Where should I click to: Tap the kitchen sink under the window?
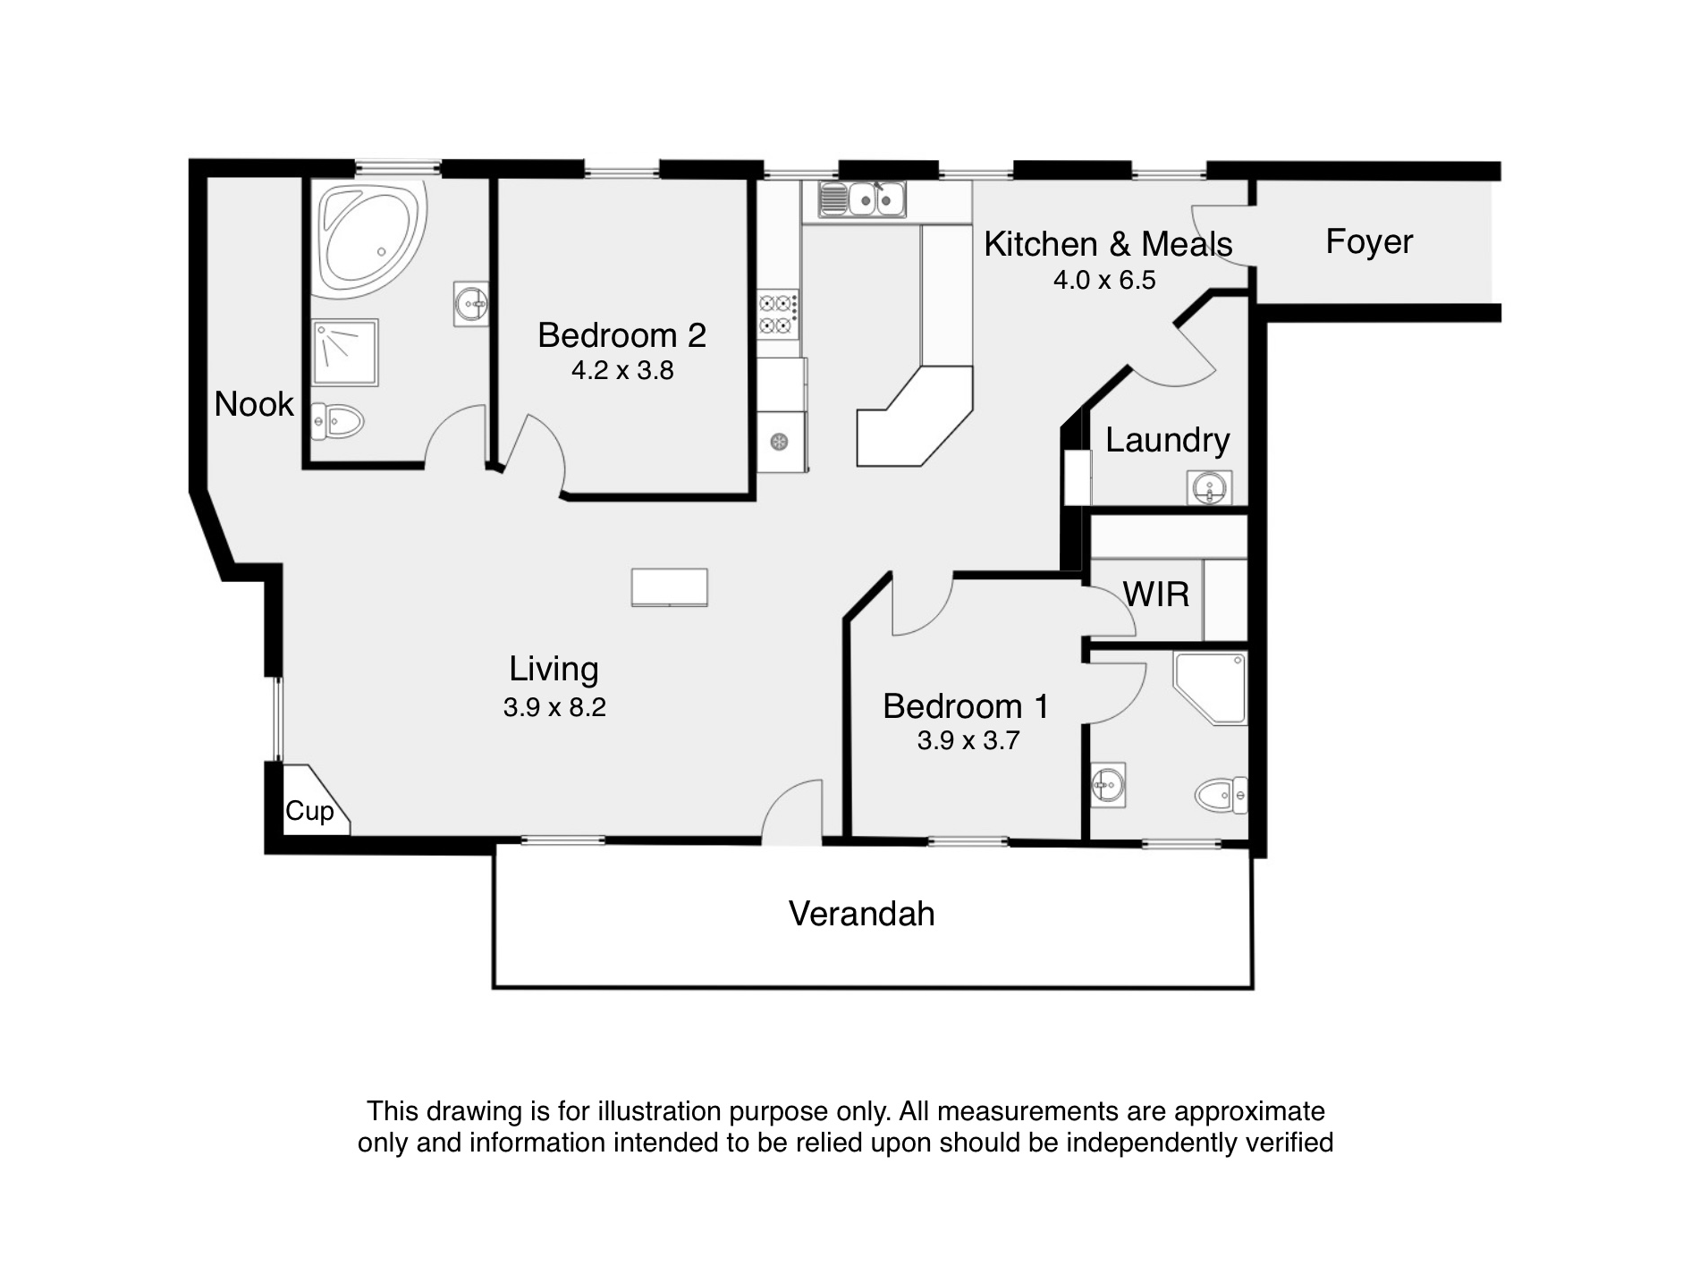click(x=862, y=198)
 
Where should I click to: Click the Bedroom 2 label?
click(x=621, y=335)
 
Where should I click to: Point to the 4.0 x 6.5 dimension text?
click(x=1104, y=280)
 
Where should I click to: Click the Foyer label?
click(x=1369, y=241)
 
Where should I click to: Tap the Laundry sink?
click(x=1210, y=488)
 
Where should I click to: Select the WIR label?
click(x=1156, y=595)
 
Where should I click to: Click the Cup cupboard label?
click(x=309, y=811)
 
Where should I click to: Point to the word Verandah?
click(x=862, y=914)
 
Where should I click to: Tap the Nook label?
click(x=254, y=404)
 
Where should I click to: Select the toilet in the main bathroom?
click(x=336, y=420)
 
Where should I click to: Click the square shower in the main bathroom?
click(x=345, y=352)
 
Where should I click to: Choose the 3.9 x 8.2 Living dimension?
click(x=554, y=707)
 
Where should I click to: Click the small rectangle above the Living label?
click(x=670, y=587)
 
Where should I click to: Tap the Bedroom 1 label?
click(x=966, y=706)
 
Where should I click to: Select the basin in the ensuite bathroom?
click(x=1108, y=785)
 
